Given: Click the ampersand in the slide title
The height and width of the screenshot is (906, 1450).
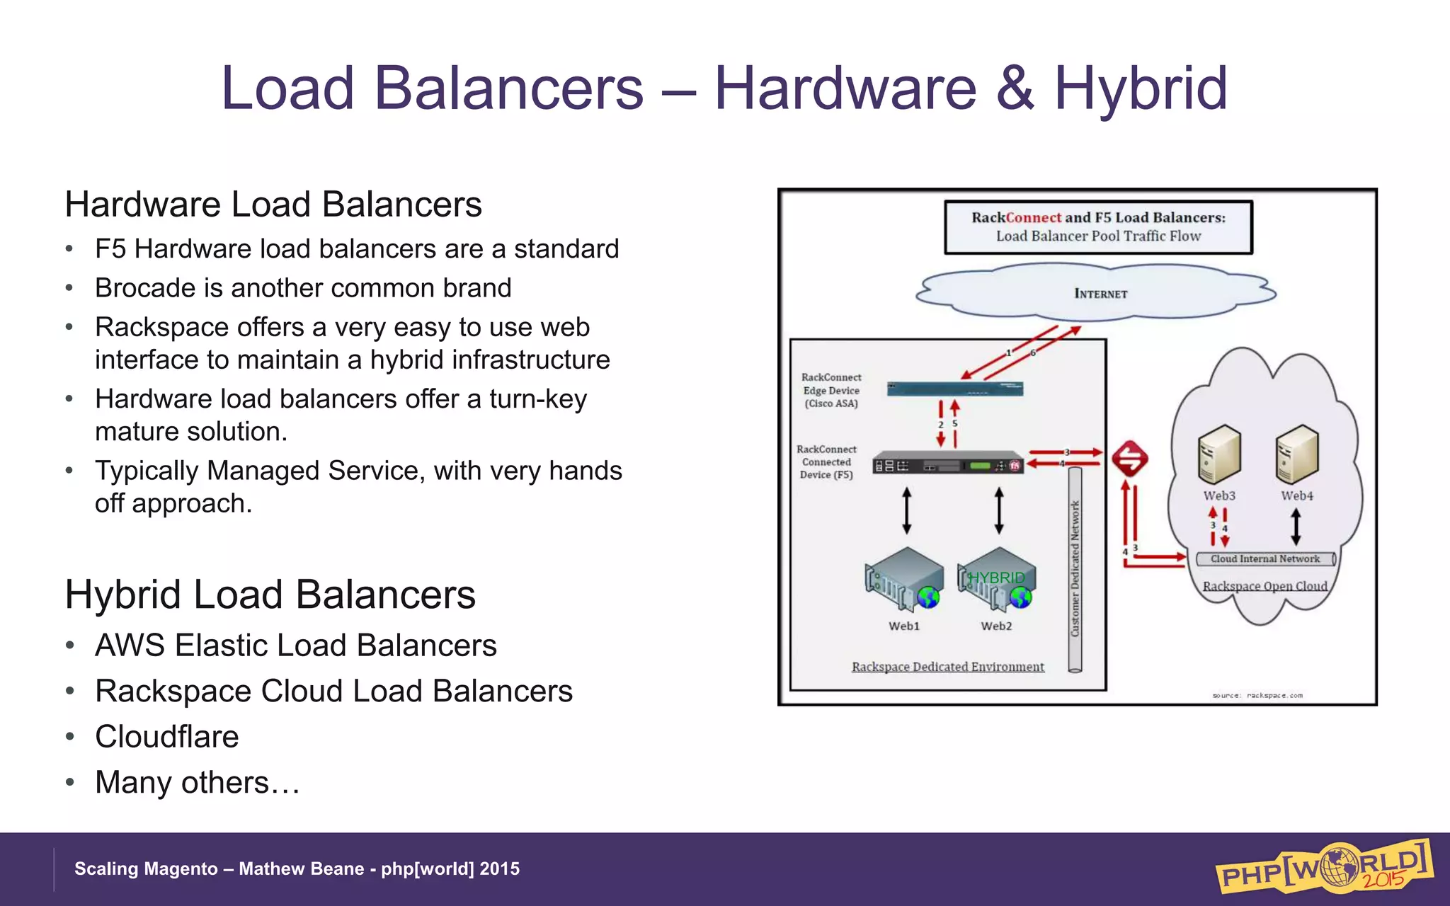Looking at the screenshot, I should pos(1015,88).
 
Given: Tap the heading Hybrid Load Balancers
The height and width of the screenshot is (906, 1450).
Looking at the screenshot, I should pos(270,594).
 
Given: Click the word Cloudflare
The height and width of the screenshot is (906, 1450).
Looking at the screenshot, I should pos(167,737).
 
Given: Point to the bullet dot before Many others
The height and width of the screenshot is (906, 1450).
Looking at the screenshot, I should pos(69,782).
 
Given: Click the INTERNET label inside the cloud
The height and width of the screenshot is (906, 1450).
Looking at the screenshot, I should pos(1100,294).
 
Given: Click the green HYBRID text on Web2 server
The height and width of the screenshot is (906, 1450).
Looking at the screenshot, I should pos(996,578).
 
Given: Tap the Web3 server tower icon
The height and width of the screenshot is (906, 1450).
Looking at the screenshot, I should pos(1218,454).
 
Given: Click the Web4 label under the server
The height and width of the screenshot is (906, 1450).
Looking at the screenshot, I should pos(1296,496).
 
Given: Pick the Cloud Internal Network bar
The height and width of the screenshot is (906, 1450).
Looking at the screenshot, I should pos(1265,559).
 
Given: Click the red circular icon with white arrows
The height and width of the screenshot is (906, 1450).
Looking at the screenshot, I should pos(1129,459).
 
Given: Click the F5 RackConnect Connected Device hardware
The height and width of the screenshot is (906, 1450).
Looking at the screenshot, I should pos(948,464).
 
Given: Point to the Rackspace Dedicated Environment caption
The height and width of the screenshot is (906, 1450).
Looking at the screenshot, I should pos(947,667).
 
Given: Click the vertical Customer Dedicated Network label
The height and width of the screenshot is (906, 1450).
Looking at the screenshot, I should pos(1075,568).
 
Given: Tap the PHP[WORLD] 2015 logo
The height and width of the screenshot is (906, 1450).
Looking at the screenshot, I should pos(1323,867).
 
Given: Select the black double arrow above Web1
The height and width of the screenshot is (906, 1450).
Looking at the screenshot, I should pos(907,510).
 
